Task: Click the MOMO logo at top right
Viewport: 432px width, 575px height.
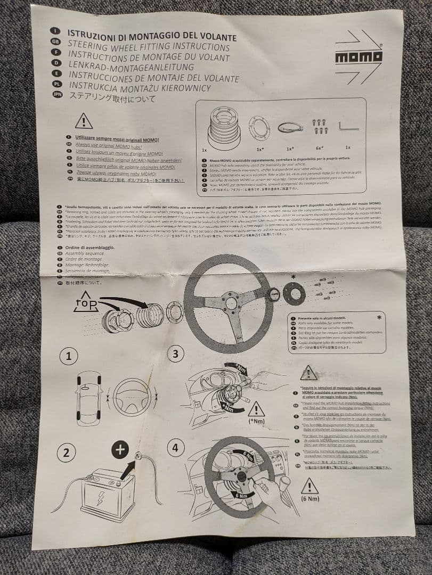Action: coord(358,56)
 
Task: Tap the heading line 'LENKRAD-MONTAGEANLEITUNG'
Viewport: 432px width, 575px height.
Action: coord(131,67)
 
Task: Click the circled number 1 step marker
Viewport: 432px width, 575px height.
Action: coord(68,356)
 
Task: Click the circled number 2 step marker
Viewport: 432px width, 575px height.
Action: coord(66,453)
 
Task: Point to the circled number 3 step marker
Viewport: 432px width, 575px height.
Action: coord(176,354)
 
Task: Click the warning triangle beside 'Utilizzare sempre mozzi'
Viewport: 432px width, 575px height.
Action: coord(84,122)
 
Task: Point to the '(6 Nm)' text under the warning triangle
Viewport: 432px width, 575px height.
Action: coord(310,498)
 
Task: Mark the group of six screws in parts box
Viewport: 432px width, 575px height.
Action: coord(320,126)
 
